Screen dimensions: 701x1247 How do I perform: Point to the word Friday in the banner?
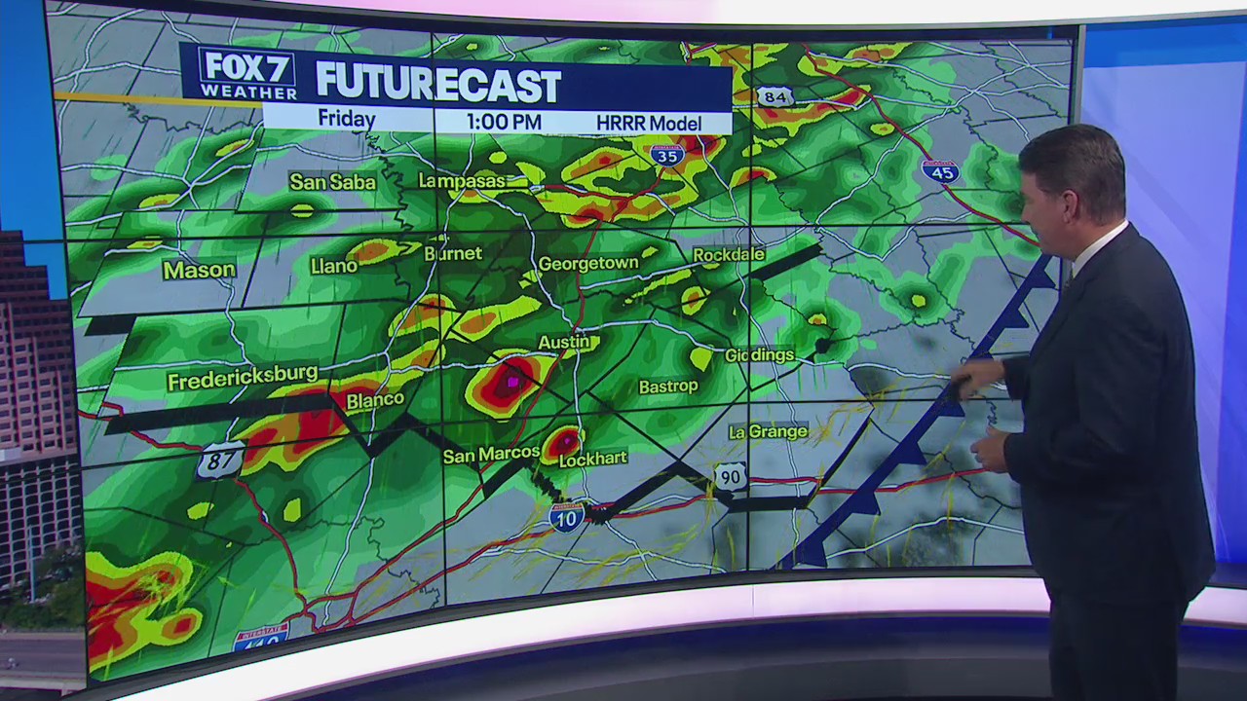tap(346, 120)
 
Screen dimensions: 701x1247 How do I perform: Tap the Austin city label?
tap(564, 342)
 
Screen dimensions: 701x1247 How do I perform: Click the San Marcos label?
tap(491, 455)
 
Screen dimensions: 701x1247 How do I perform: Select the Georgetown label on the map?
tap(588, 263)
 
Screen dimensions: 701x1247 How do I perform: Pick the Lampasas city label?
tap(462, 180)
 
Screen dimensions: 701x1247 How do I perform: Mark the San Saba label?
tap(332, 182)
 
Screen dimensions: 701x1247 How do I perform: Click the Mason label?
tap(199, 270)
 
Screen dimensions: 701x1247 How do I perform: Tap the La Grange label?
tap(769, 431)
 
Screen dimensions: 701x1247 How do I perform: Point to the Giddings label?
tap(759, 355)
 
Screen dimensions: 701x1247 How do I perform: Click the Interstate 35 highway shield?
tap(667, 154)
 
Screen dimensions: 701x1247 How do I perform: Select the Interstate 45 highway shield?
tap(940, 171)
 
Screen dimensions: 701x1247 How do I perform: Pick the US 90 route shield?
tap(732, 475)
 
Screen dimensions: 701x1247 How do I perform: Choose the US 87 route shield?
tap(219, 460)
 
